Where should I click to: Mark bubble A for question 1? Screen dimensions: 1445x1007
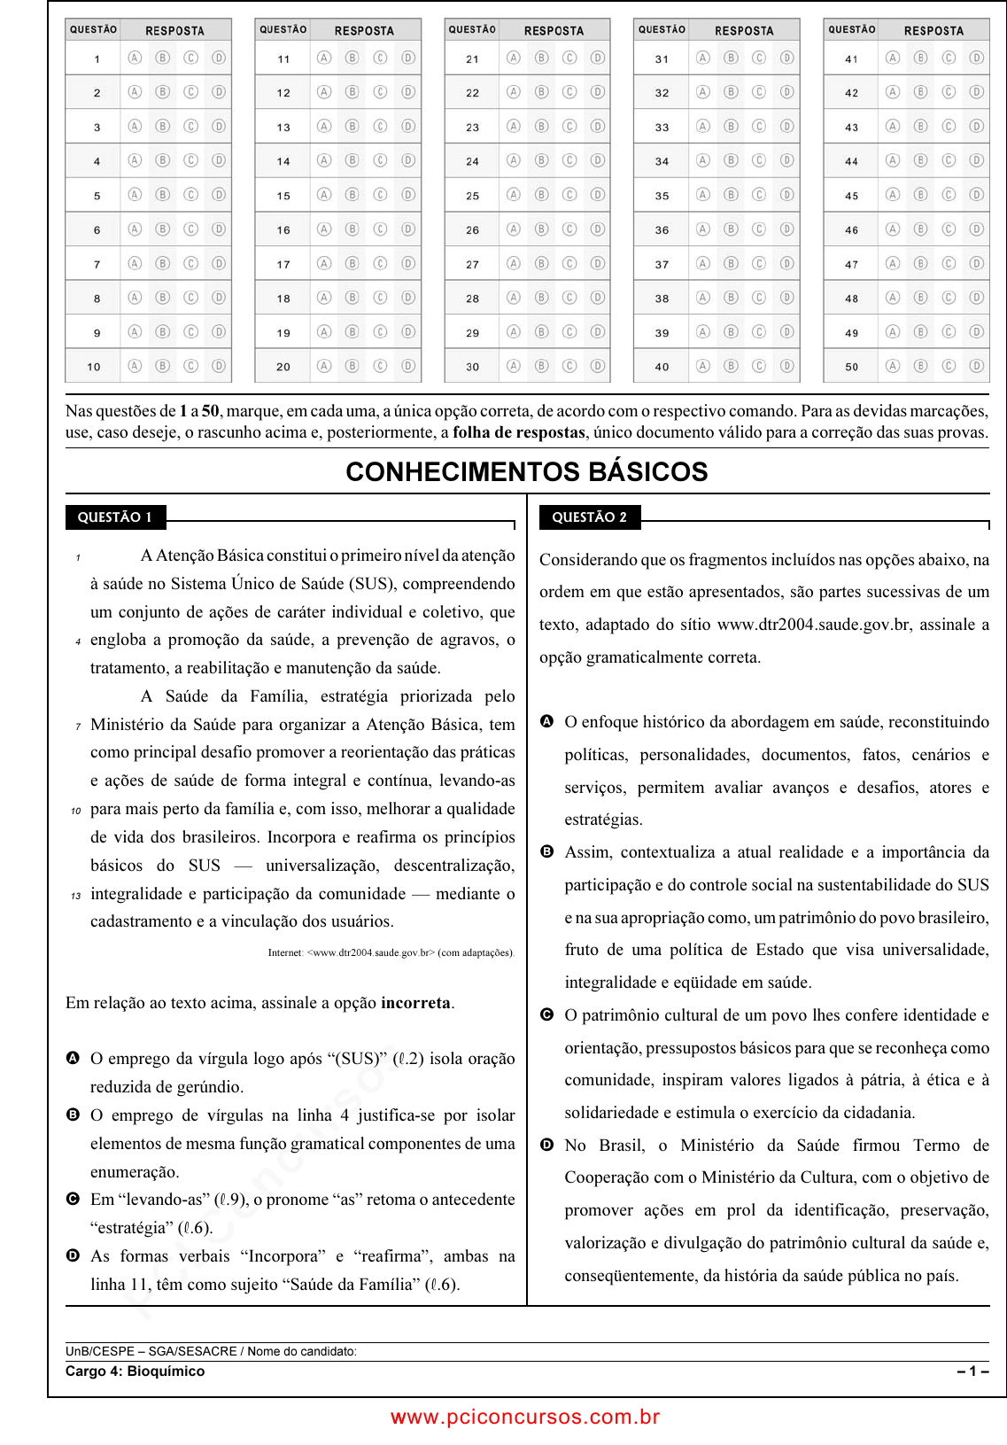pos(135,58)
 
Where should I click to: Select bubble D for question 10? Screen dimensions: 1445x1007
pos(219,365)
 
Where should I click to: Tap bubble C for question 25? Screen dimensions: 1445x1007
pos(569,194)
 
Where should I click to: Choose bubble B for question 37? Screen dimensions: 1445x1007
pos(731,263)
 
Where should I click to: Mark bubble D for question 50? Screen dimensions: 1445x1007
pos(976,365)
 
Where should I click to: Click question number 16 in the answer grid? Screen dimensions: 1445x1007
pos(283,230)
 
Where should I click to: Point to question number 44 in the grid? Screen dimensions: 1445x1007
pos(851,162)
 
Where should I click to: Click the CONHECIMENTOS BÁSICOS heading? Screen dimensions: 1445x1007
pos(527,471)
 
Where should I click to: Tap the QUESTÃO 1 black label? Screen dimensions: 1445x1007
pos(115,517)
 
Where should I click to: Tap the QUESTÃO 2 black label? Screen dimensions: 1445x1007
pos(589,517)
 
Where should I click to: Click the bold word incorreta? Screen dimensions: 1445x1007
pos(415,1003)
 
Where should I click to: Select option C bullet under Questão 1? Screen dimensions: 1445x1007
pos(74,1199)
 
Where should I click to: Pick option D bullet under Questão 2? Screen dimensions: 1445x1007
pos(547,1145)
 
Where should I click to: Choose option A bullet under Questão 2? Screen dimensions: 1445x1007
pos(547,721)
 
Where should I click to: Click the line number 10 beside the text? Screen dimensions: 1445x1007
pos(76,811)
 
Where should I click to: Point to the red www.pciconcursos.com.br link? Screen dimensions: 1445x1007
pos(525,1418)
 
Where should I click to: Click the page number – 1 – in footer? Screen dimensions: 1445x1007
pos(972,1371)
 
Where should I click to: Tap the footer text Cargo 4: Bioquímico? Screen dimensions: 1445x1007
pos(135,1371)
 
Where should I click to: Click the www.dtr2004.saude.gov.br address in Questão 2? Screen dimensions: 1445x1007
pos(814,625)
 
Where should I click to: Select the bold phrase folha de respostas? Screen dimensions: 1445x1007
pos(519,432)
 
